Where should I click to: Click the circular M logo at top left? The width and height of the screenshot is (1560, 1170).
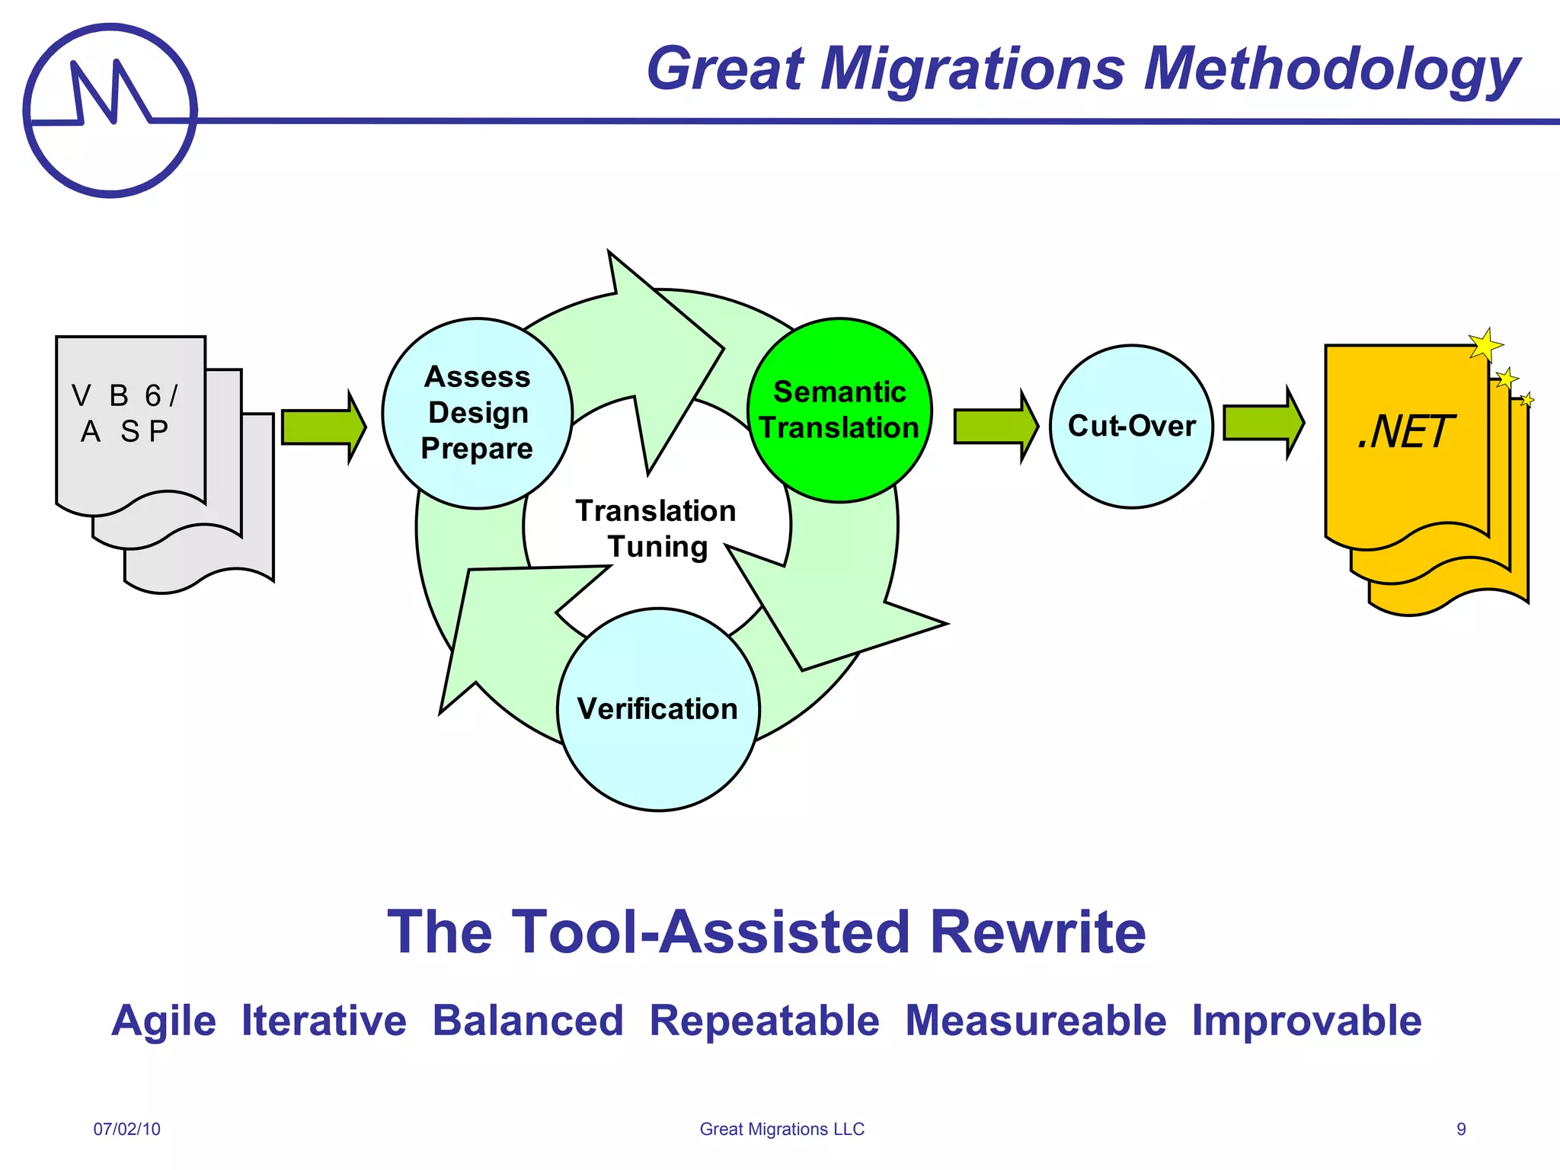coord(110,110)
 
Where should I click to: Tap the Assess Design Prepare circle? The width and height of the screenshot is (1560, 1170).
coord(477,413)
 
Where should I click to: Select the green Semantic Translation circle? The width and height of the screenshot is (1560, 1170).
coord(839,410)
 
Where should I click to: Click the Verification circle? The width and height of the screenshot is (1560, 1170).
coord(658,709)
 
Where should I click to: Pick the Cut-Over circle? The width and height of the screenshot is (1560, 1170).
coord(1131,426)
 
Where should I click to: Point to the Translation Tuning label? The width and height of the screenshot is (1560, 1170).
coord(656,528)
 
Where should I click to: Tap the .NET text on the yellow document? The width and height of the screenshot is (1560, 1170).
coord(1405,432)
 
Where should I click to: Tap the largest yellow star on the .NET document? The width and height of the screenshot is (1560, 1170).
coord(1485,345)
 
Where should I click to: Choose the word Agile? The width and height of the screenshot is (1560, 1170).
coord(164,1021)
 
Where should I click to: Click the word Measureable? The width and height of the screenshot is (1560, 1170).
coord(1035,1021)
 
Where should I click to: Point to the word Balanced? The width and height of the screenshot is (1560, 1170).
coord(528,1021)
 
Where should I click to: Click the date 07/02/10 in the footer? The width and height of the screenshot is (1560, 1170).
coord(127,1129)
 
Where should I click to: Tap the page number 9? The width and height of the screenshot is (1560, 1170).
coord(1461,1129)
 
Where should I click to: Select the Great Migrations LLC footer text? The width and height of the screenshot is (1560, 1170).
coord(782,1129)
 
